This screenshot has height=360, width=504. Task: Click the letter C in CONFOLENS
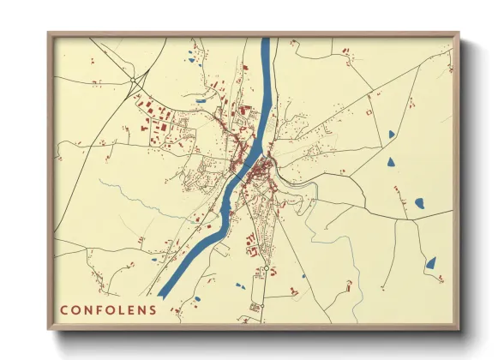point(64,310)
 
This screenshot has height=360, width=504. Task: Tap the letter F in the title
point(103,310)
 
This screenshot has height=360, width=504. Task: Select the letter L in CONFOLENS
point(127,310)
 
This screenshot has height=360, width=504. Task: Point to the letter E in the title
point(137,310)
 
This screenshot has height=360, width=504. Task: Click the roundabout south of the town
point(267,269)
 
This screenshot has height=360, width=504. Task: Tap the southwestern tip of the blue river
point(163,293)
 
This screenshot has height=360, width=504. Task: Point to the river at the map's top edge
point(266,41)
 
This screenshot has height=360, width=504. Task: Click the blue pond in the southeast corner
point(431,263)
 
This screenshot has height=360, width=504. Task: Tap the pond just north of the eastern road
point(420,203)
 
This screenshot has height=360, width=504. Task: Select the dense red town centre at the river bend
point(264,163)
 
